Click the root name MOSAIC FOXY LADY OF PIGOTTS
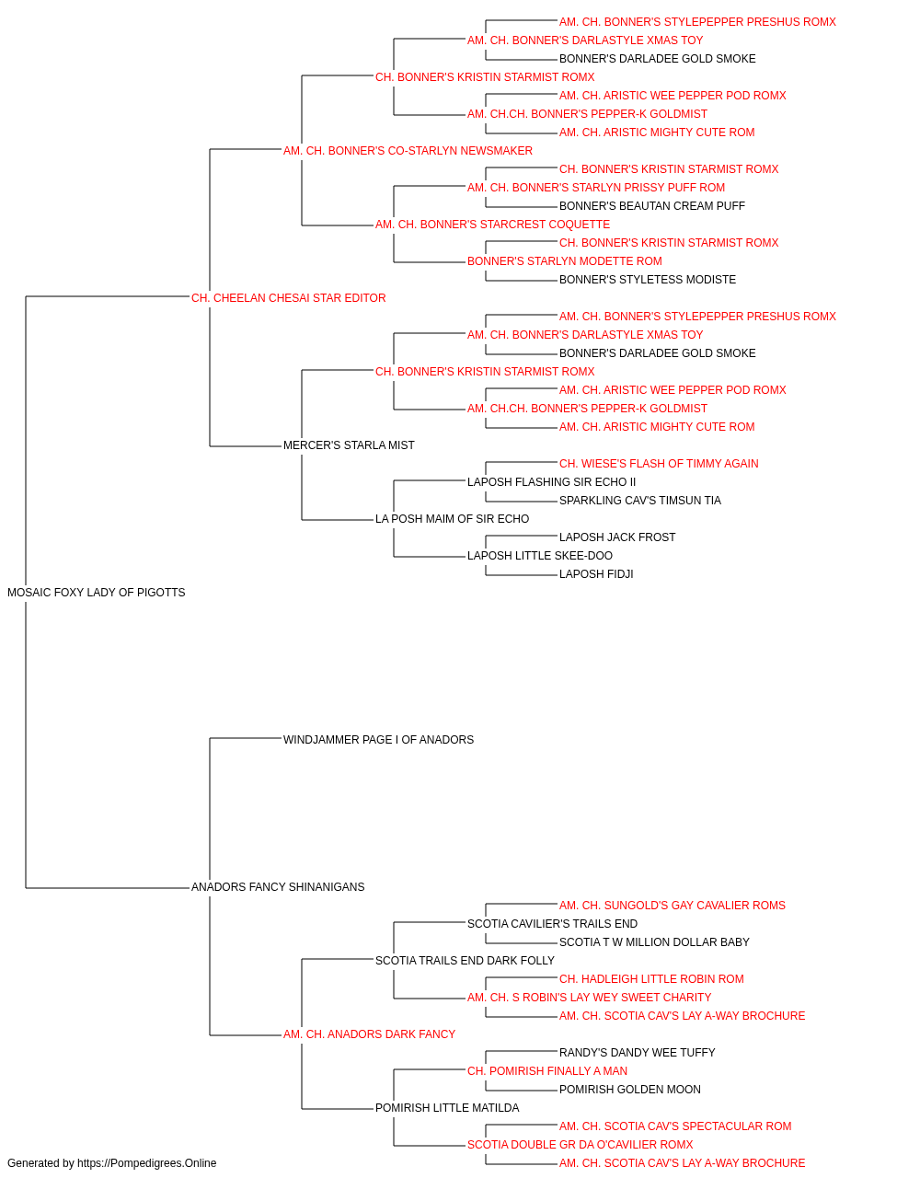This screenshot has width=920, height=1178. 96,593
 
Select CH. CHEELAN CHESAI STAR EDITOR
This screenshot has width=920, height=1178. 288,298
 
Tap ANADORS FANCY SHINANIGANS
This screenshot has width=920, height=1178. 278,887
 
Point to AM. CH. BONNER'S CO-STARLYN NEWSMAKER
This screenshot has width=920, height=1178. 408,151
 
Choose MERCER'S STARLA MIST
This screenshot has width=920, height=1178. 349,445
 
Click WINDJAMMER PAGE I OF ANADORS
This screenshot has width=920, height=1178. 378,739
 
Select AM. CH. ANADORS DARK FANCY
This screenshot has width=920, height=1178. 369,1034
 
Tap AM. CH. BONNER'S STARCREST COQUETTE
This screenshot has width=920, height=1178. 492,225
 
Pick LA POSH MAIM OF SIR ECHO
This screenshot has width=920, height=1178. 452,519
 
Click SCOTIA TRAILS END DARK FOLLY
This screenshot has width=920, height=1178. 465,961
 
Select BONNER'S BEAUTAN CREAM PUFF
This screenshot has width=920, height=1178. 651,206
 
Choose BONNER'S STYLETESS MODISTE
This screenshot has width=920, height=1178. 648,280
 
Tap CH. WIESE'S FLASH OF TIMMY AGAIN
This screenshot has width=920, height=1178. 659,464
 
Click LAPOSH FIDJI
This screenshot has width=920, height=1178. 596,574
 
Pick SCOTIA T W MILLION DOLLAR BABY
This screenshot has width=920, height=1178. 654,942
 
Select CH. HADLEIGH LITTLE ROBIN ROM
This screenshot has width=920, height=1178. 651,979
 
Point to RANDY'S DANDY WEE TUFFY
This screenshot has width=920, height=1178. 638,1053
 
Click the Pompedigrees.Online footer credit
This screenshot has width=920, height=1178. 111,1163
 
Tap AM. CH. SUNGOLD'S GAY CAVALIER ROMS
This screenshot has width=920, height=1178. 673,906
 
